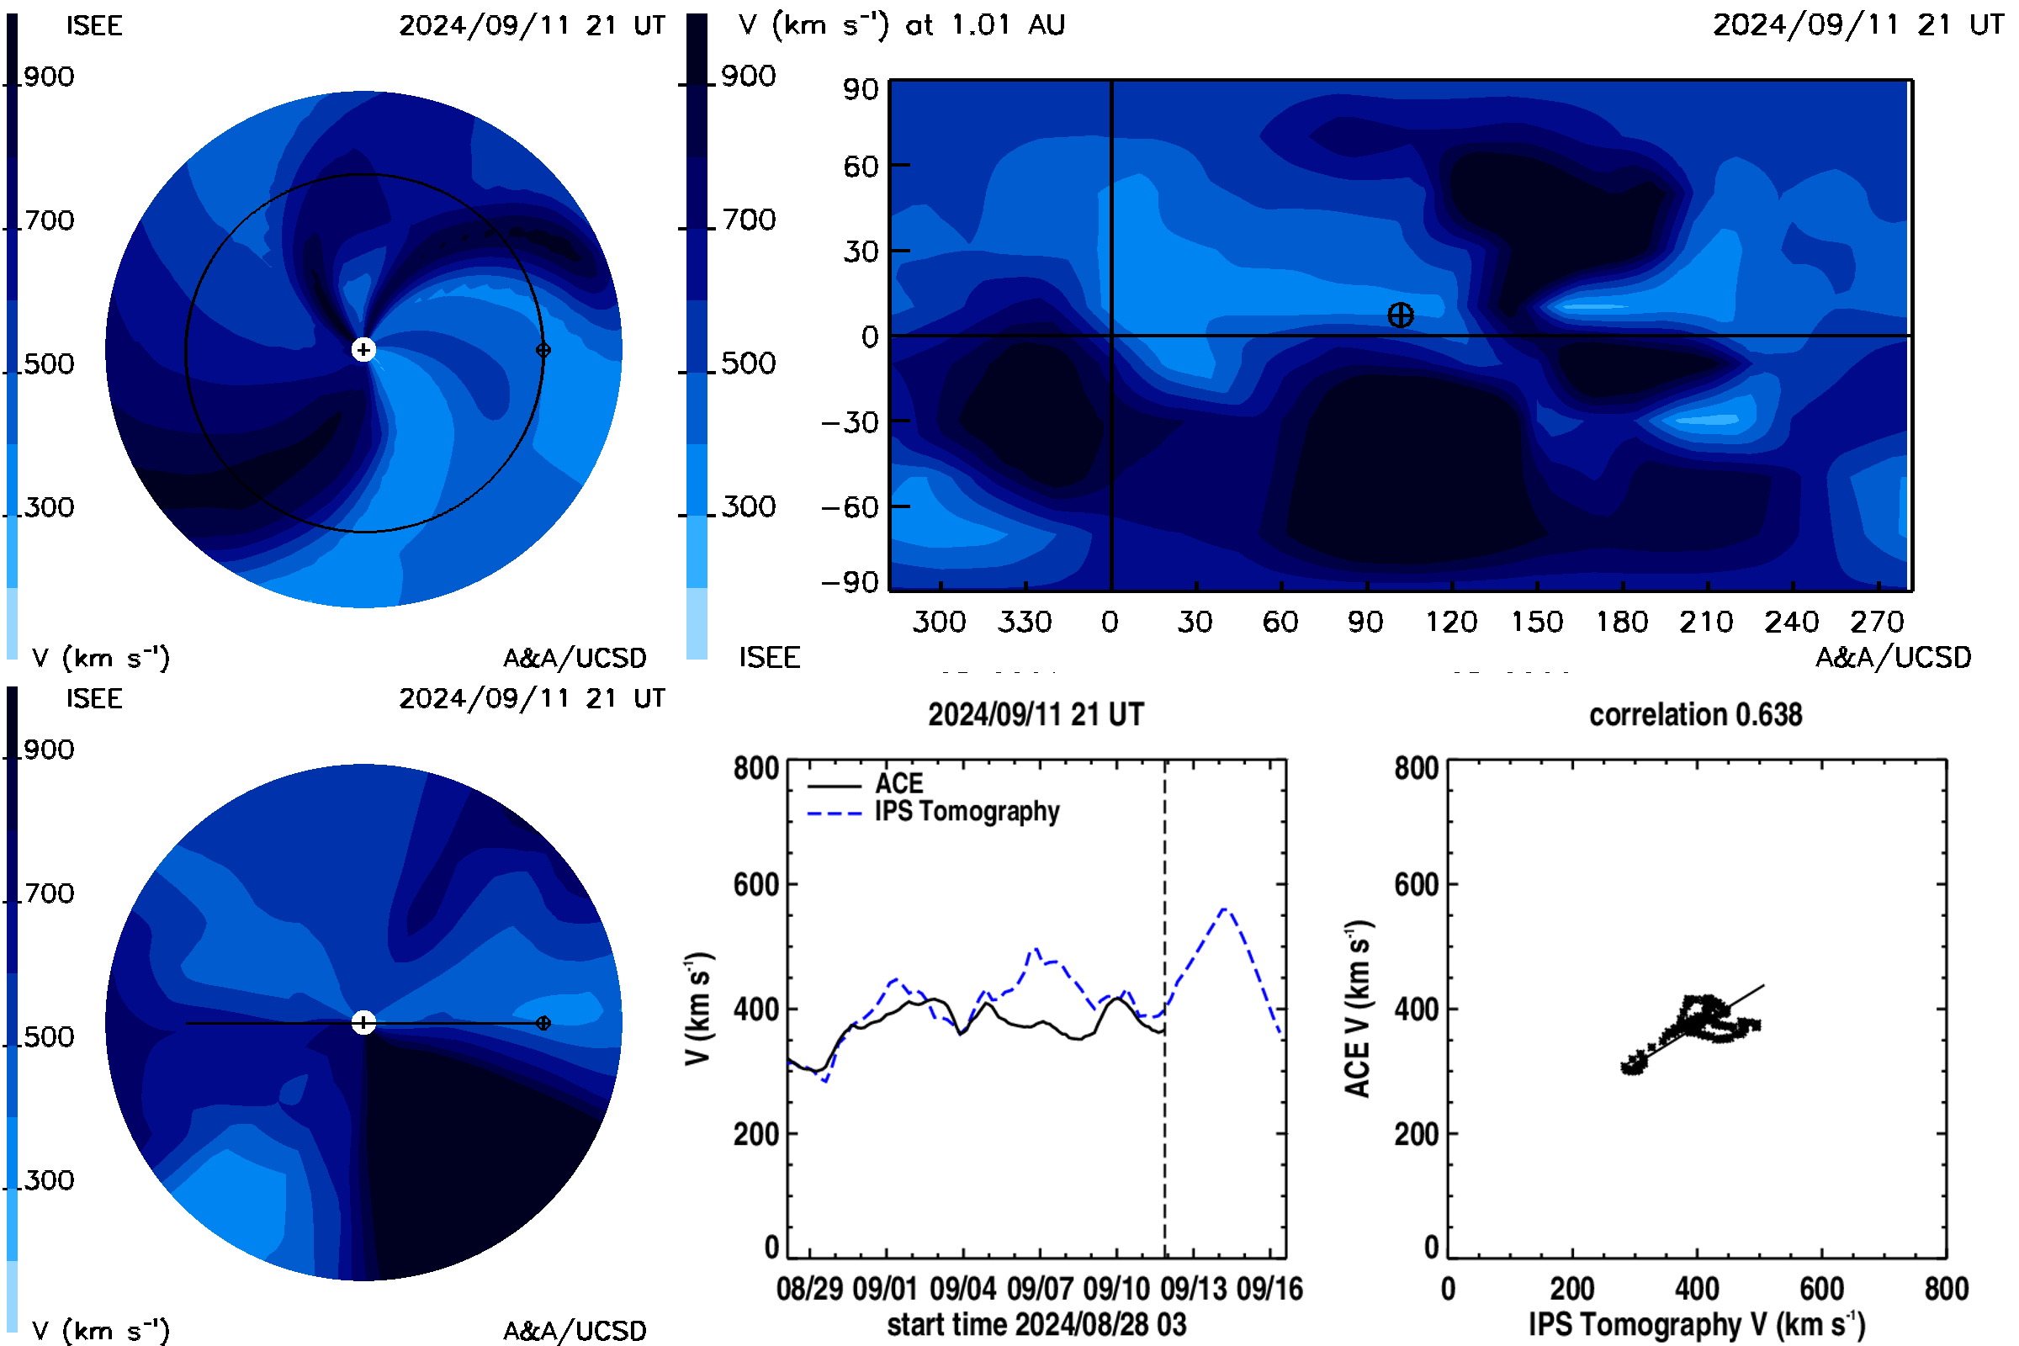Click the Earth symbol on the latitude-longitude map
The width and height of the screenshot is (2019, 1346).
click(1400, 315)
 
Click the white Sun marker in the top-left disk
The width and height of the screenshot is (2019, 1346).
click(364, 349)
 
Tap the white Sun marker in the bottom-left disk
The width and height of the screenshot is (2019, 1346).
click(364, 1022)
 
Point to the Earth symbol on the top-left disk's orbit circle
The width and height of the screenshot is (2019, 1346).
click(543, 349)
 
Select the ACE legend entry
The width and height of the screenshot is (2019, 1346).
click(866, 783)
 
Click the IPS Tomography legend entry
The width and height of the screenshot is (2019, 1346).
click(933, 811)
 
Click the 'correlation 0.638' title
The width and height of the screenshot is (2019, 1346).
click(1695, 714)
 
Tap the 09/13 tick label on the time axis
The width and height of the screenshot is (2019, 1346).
click(1193, 1289)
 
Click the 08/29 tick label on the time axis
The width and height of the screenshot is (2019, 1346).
click(809, 1289)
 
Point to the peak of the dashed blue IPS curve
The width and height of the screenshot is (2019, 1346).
click(1225, 909)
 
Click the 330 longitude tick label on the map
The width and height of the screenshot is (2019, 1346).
click(1024, 622)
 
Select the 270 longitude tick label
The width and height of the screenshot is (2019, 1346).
click(1878, 622)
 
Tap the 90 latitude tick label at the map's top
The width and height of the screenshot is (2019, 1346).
click(860, 89)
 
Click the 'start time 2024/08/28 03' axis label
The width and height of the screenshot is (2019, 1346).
click(1037, 1324)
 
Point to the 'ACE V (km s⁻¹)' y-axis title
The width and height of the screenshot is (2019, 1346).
click(1358, 1009)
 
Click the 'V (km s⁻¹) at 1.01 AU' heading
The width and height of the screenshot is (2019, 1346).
click(902, 24)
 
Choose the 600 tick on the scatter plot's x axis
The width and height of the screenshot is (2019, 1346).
click(1821, 1289)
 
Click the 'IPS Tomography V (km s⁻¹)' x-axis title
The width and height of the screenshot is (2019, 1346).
click(1697, 1324)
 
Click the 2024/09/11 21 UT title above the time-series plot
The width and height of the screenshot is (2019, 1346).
click(1036, 714)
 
